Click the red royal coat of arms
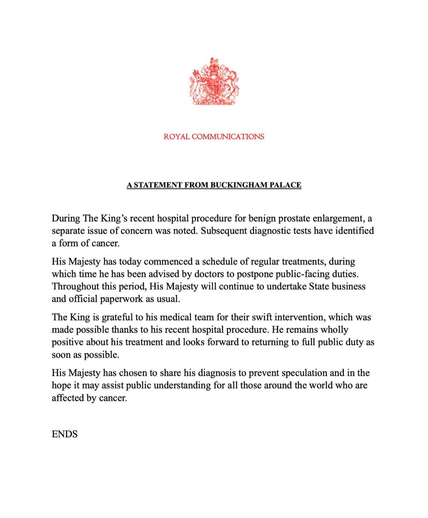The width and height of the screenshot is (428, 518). click(214, 82)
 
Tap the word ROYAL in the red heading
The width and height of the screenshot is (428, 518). click(177, 137)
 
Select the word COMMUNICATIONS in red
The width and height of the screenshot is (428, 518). click(228, 137)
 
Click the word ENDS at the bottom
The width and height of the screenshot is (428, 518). click(65, 434)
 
